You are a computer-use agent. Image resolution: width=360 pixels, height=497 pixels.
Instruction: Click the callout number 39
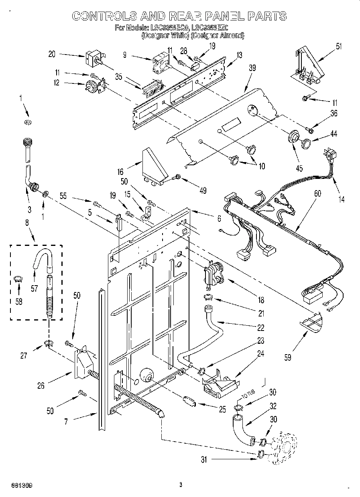pos(252,69)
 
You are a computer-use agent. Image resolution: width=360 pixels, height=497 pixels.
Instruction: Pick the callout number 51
pos(339,46)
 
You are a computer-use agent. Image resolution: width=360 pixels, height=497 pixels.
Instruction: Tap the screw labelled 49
pos(177,176)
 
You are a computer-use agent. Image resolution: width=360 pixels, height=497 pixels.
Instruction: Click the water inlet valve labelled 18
pos(214,274)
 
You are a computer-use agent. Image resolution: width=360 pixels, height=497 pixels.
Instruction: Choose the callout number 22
pos(261,328)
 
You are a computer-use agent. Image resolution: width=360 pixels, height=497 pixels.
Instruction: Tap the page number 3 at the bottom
pos(181,485)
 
